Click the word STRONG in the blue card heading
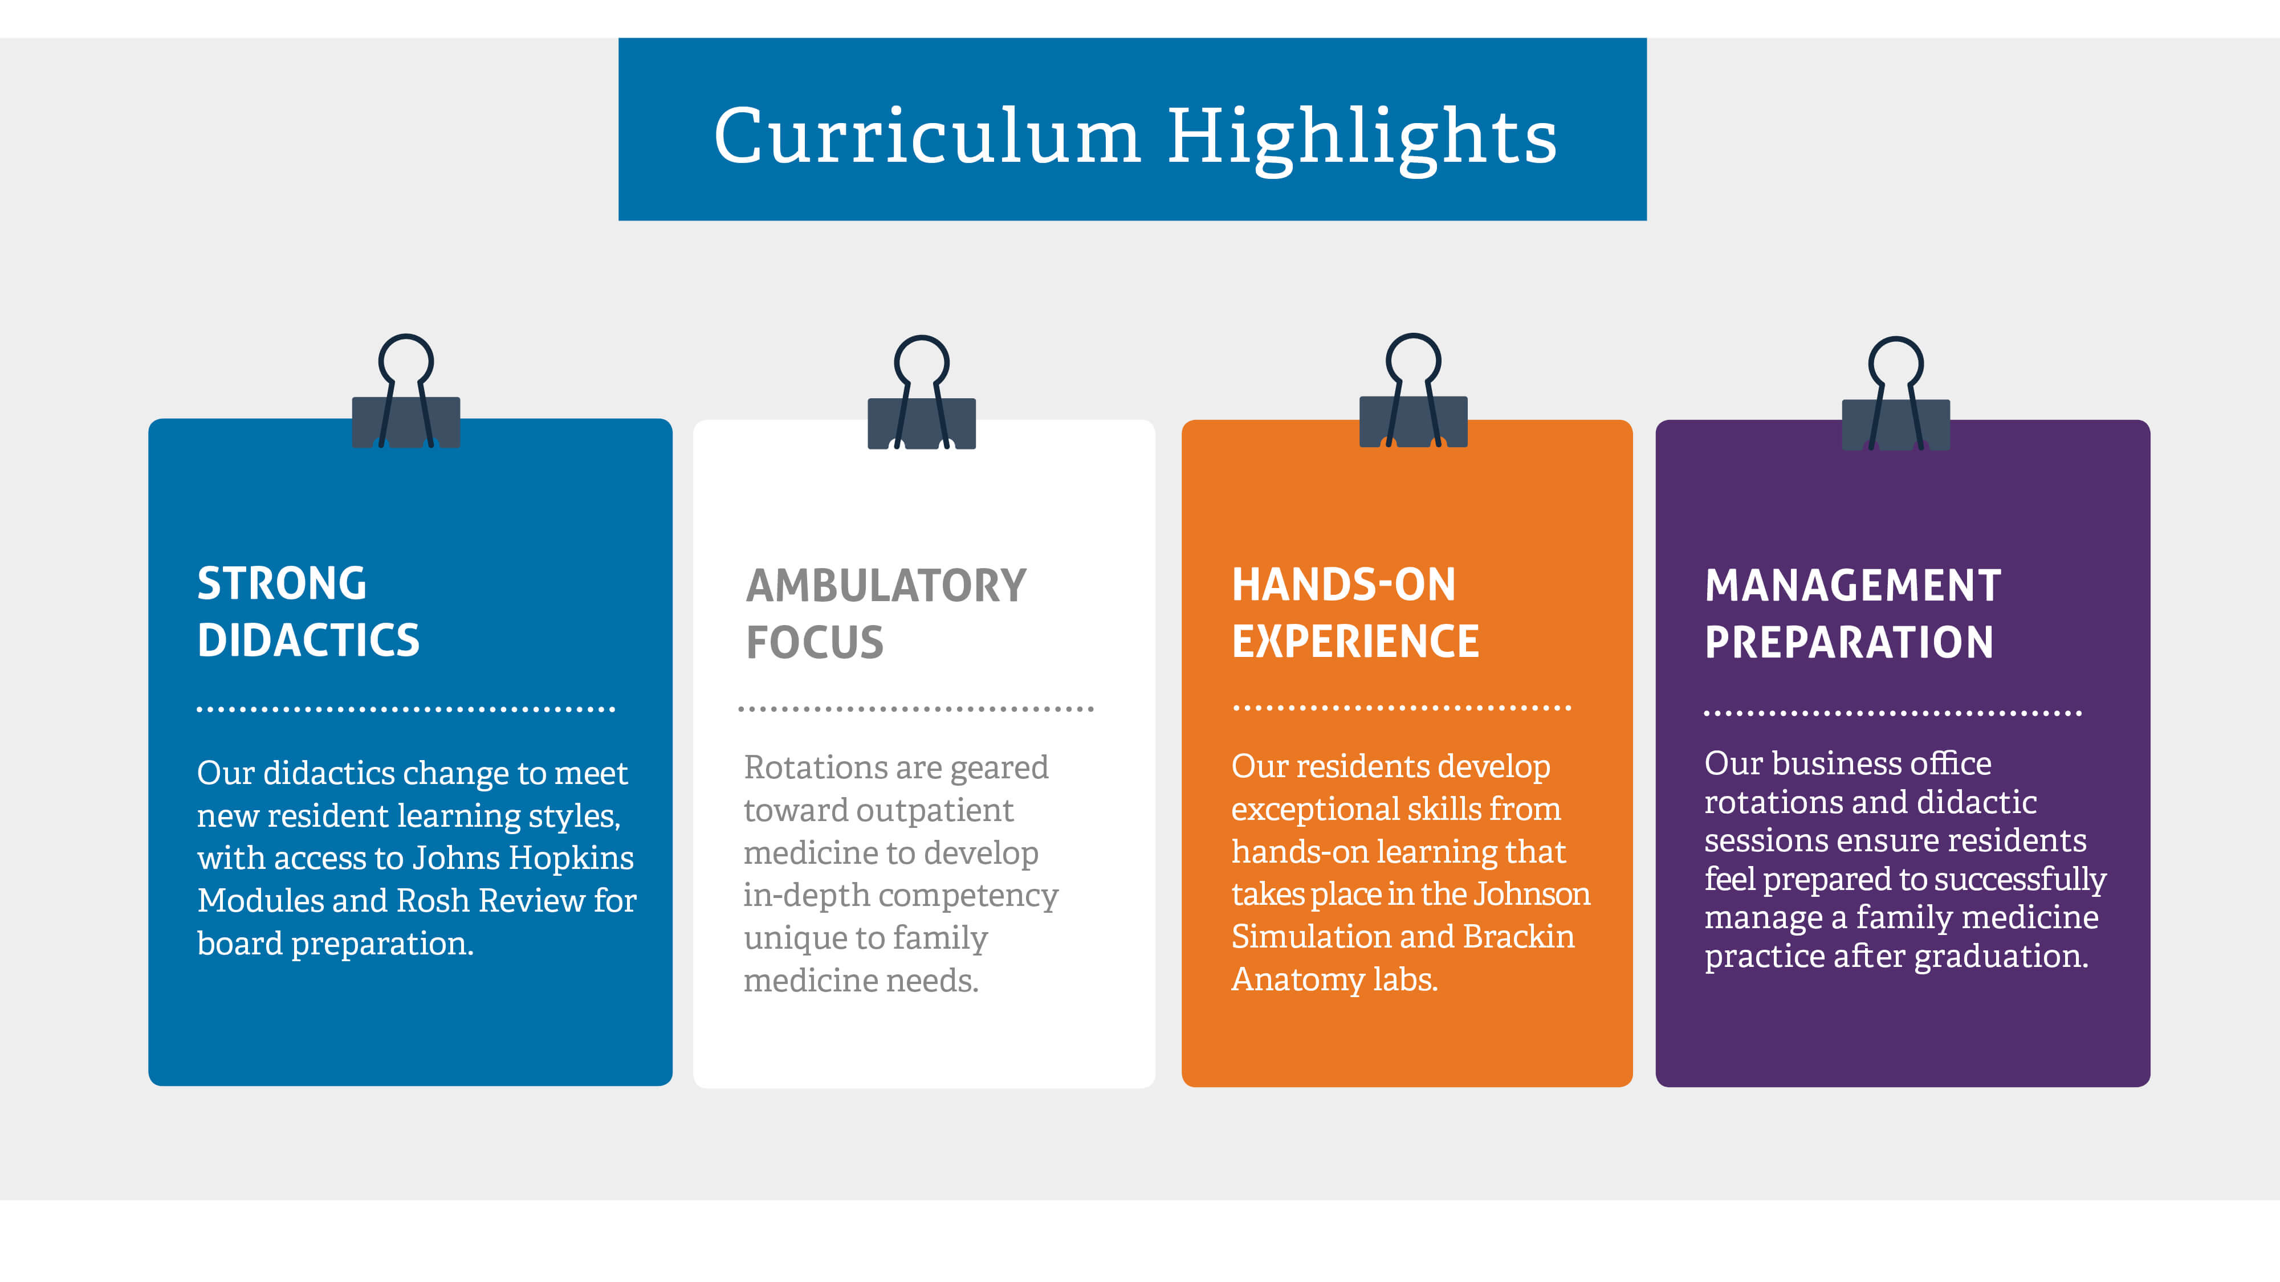(x=282, y=584)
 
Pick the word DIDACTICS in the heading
(x=308, y=640)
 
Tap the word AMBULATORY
(x=886, y=586)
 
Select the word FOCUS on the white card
(x=815, y=642)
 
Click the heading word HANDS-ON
(x=1343, y=585)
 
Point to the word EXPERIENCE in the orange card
(x=1355, y=642)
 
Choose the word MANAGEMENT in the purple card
(x=1852, y=586)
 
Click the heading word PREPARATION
(x=1849, y=642)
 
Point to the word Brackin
(x=1519, y=936)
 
